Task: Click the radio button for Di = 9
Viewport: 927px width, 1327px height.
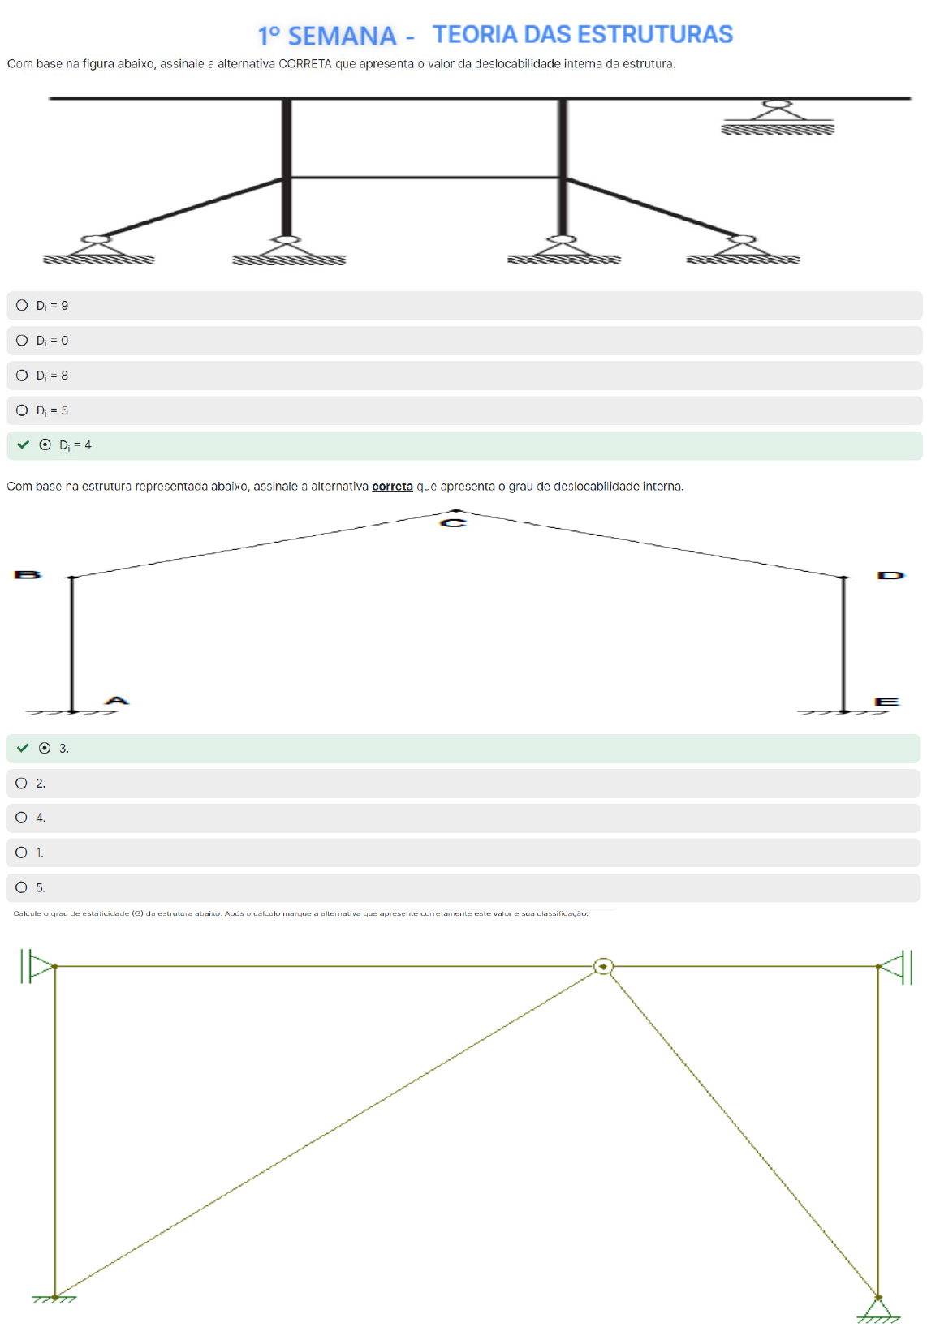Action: click(22, 305)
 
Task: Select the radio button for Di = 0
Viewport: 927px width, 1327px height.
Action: click(22, 340)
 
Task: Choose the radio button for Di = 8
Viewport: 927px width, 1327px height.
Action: click(22, 375)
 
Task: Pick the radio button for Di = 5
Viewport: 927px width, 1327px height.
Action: click(22, 410)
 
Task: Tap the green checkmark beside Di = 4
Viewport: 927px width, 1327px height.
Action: click(23, 444)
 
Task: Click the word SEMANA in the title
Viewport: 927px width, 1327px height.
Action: click(342, 37)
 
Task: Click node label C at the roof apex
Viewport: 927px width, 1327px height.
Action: click(453, 522)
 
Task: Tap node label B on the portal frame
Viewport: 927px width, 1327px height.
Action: click(28, 574)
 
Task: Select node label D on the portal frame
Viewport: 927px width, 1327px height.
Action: click(890, 574)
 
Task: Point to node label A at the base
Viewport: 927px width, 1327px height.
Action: click(117, 700)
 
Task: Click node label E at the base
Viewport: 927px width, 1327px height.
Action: click(886, 702)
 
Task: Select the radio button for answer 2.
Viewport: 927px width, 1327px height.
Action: click(21, 783)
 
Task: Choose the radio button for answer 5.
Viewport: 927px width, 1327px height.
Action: click(21, 887)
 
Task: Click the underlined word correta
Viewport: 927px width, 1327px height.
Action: click(392, 486)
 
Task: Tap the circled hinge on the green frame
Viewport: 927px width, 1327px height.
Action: click(603, 966)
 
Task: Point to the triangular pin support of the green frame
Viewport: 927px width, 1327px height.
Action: click(877, 1308)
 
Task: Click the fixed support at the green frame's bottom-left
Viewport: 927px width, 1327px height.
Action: click(54, 1299)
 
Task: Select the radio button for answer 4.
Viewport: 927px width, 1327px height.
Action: click(21, 817)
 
